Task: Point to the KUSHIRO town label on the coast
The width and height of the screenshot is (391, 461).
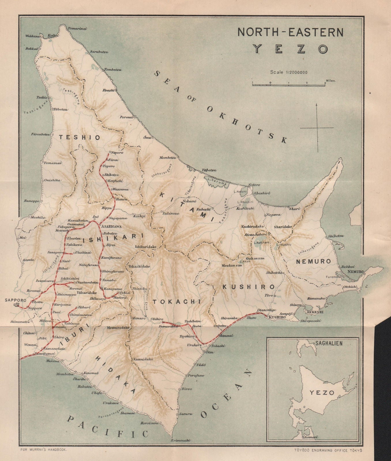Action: click(x=277, y=317)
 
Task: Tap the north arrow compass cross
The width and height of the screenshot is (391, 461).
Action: click(x=317, y=127)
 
